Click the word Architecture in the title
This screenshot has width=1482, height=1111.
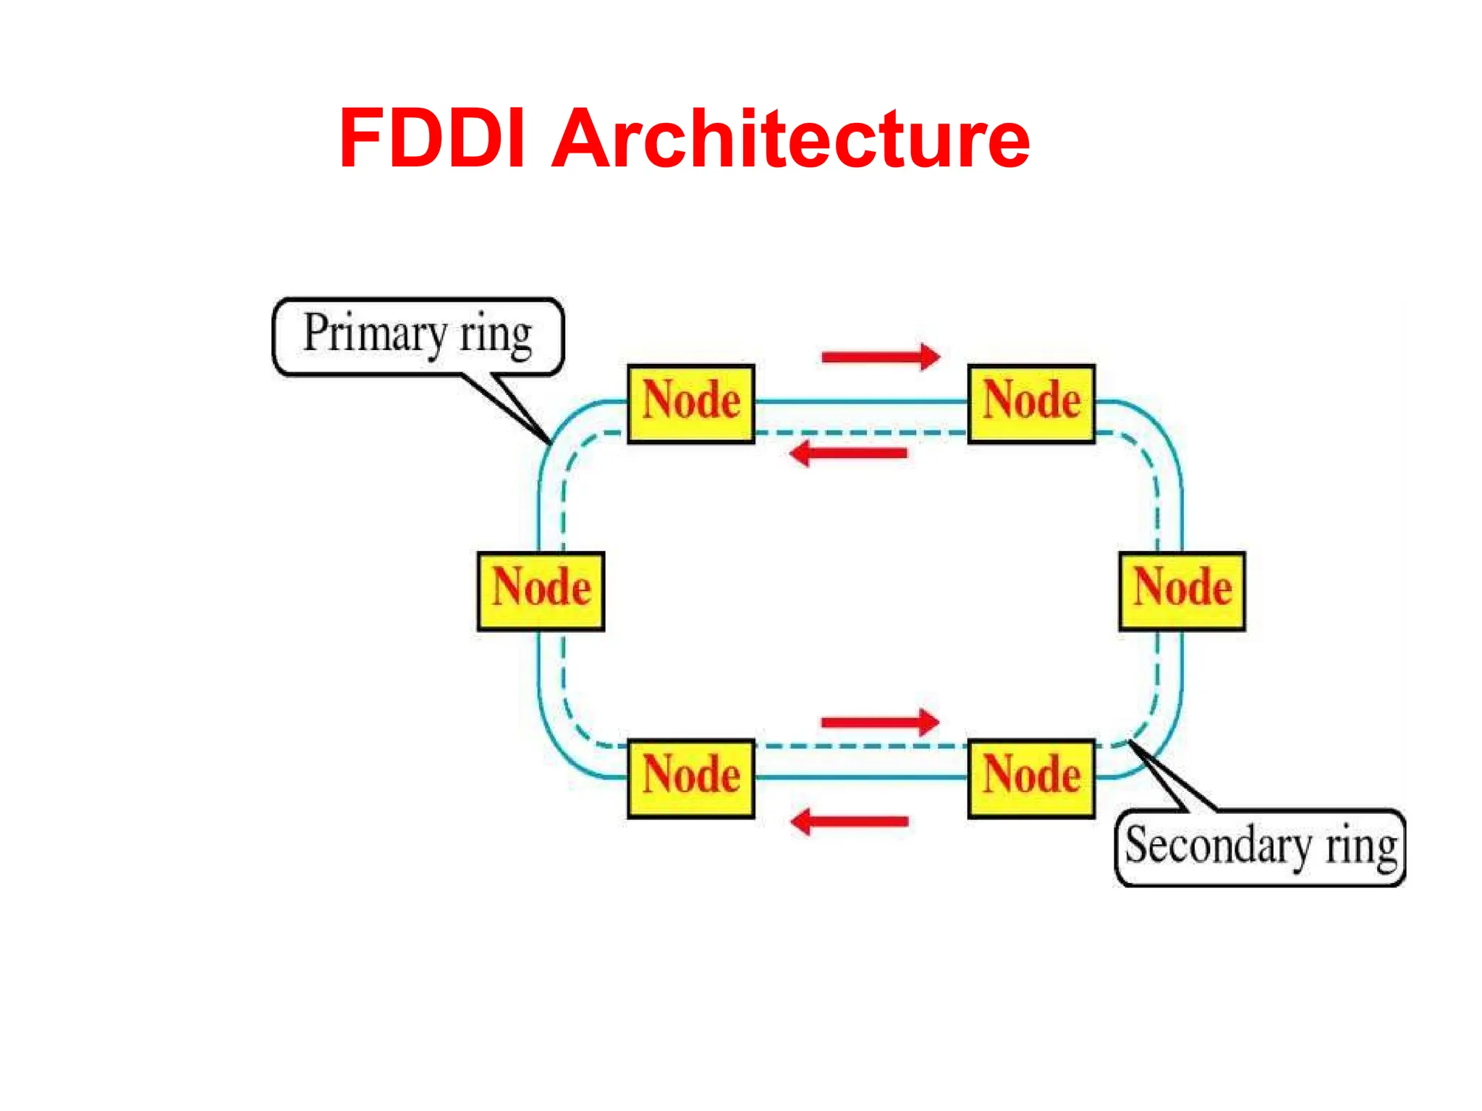click(790, 139)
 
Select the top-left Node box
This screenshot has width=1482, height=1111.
click(690, 404)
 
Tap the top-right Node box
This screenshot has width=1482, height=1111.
click(1031, 404)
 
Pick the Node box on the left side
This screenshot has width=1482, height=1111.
click(541, 591)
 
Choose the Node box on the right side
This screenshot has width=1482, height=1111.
click(1182, 591)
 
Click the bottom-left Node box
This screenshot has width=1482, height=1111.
click(690, 778)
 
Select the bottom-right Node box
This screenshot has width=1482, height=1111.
click(1031, 778)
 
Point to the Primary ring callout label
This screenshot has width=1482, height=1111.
click(418, 336)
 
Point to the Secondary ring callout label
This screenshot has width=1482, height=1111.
click(1260, 847)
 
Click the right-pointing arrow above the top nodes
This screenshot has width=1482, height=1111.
click(880, 357)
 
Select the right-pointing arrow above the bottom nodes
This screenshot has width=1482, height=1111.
click(880, 722)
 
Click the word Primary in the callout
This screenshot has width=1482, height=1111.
click(375, 335)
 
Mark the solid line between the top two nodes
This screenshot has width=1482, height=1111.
click(861, 401)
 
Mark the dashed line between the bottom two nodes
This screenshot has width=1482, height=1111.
click(861, 746)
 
